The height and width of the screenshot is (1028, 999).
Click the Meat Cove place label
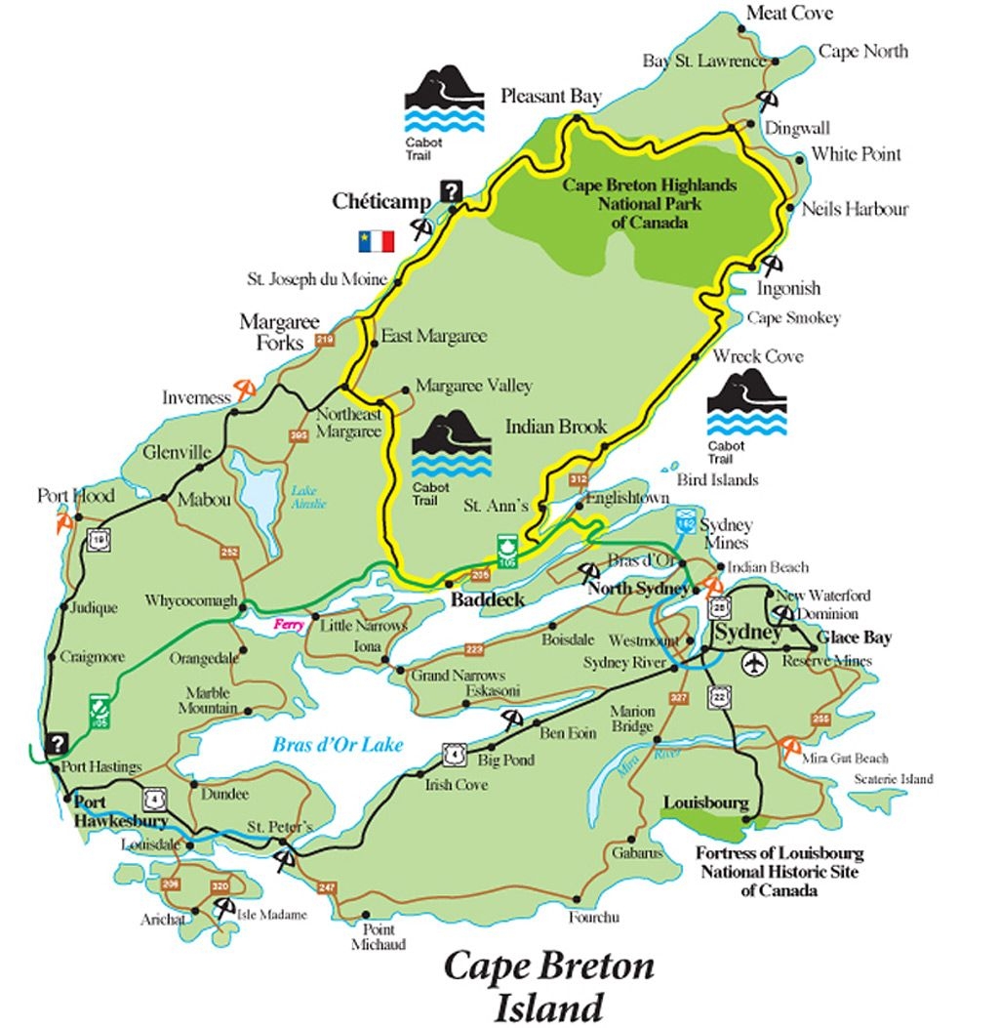coord(789,13)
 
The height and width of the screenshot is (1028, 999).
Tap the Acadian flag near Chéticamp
coord(376,241)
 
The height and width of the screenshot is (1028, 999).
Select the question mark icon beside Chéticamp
coord(450,191)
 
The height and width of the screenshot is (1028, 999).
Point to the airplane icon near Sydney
coord(754,665)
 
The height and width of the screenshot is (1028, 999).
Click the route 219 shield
coord(326,340)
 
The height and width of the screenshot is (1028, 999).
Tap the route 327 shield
coord(680,697)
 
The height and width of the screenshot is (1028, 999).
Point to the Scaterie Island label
coord(893,779)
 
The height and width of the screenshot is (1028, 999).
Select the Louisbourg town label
coord(705,803)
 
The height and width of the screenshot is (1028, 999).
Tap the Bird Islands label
coord(717,479)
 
